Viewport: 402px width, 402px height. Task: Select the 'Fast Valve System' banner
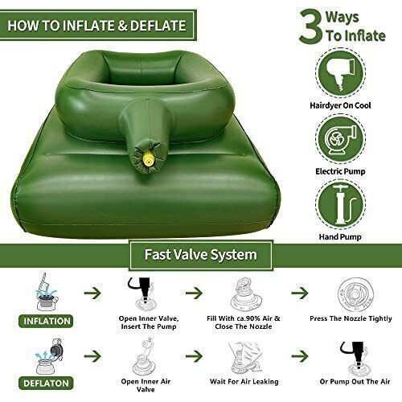click(x=201, y=256)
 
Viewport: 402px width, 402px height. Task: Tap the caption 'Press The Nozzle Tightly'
click(x=352, y=319)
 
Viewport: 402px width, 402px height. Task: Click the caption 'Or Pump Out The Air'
click(x=354, y=381)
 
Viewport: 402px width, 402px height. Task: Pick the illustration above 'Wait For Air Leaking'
click(x=248, y=354)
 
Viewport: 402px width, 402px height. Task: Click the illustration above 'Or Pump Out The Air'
click(x=354, y=354)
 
